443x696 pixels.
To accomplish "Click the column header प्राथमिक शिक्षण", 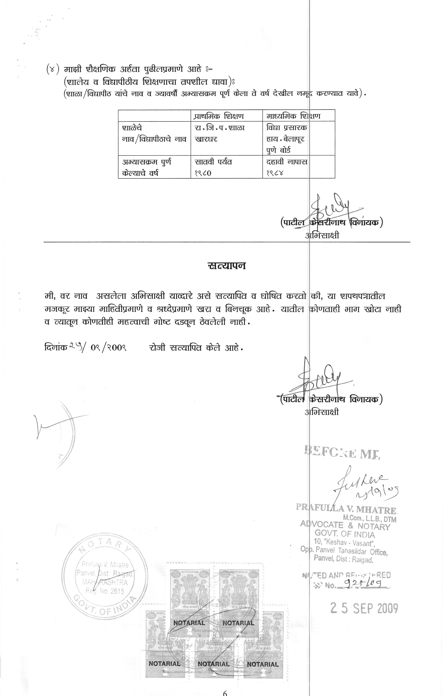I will click(219, 116).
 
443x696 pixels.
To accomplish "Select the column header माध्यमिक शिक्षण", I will click(293, 116).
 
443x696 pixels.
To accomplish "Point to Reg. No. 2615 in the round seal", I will click(105, 591).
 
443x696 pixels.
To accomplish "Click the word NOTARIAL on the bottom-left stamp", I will click(164, 664).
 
